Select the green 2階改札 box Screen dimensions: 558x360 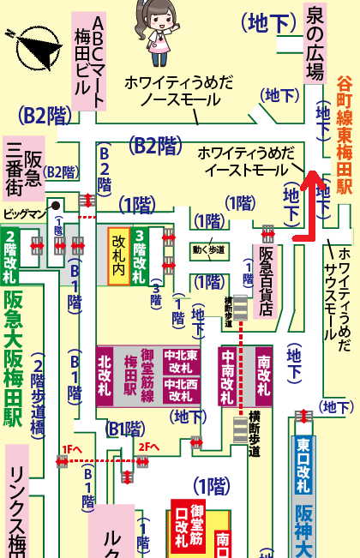point(12,256)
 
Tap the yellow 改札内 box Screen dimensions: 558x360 point(118,256)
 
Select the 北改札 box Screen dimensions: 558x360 point(105,375)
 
